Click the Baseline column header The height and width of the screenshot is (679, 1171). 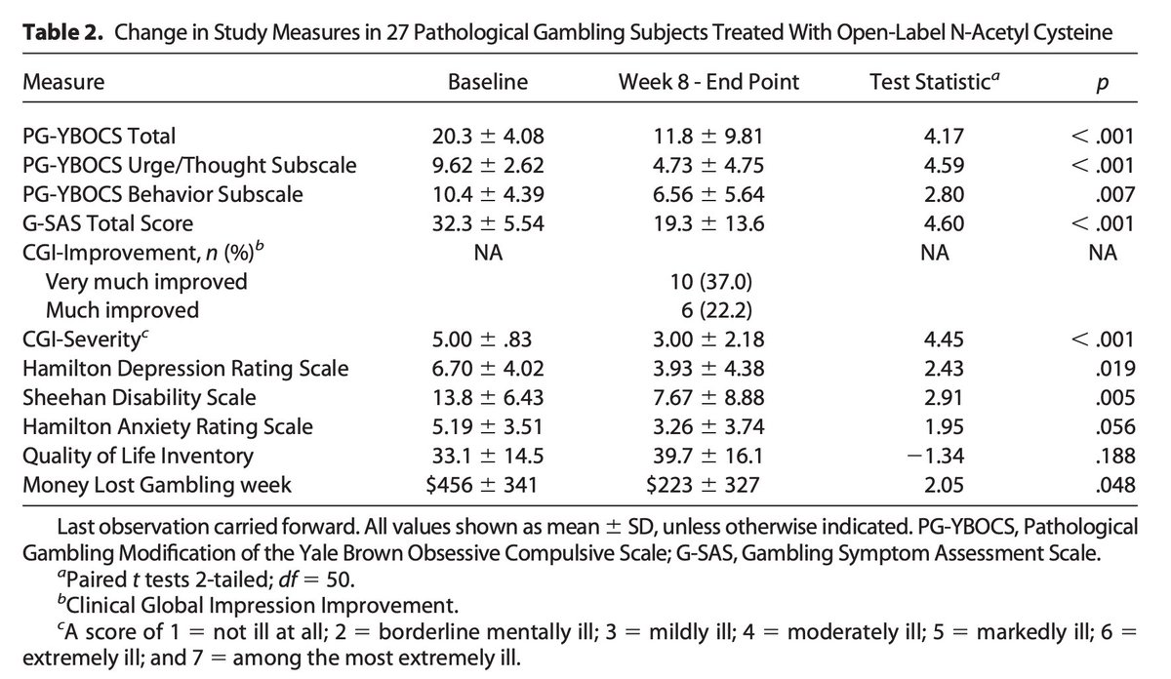pyautogui.click(x=487, y=82)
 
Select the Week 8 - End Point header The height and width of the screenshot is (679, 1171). pyautogui.click(x=708, y=82)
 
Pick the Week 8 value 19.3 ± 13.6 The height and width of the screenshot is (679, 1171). pyautogui.click(x=708, y=222)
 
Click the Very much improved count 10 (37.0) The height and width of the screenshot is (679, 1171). pyautogui.click(x=708, y=281)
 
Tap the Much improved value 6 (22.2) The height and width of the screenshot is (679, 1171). pyautogui.click(x=708, y=310)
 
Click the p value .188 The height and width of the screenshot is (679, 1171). pyautogui.click(x=1115, y=456)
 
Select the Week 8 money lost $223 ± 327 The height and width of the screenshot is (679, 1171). pyautogui.click(x=708, y=485)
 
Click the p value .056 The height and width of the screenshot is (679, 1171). pyautogui.click(x=1115, y=426)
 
